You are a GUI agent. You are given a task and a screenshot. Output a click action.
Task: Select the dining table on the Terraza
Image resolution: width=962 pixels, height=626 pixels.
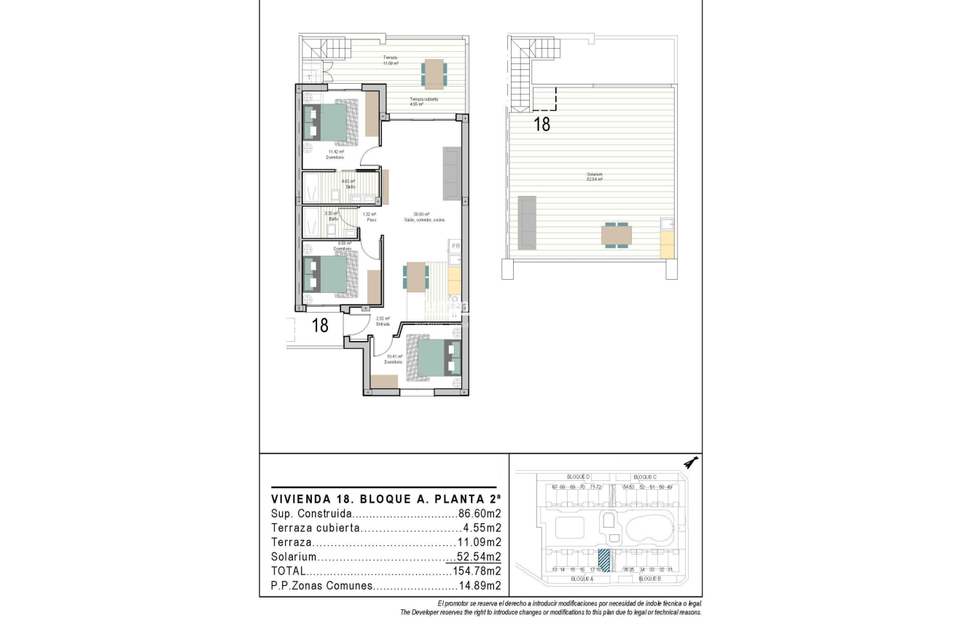pos(434,73)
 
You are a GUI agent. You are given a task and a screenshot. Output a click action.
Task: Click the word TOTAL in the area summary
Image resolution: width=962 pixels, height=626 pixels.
pos(289,571)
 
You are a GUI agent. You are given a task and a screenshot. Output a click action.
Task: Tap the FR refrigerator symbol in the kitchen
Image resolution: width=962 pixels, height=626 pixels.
pos(455,246)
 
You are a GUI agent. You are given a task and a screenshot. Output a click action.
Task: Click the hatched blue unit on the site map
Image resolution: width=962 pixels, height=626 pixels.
pos(604,560)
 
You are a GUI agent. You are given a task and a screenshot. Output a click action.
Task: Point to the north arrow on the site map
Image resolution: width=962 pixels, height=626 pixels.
pos(692,461)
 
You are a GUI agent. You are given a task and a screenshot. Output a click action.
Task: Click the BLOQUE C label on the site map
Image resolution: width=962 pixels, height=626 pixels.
pos(645,477)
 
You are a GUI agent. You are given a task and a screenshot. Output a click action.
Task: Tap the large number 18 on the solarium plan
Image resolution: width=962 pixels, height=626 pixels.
pos(541,124)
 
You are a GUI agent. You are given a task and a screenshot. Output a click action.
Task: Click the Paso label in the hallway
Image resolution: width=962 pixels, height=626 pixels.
pos(371,219)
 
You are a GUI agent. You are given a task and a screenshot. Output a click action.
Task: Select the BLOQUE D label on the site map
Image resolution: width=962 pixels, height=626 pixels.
pos(577,477)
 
